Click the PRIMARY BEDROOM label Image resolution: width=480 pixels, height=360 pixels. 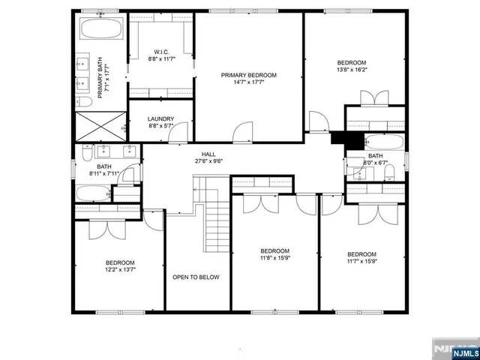(x=248, y=75)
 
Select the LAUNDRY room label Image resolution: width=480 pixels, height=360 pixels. (x=160, y=118)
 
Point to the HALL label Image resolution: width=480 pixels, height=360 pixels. (x=209, y=154)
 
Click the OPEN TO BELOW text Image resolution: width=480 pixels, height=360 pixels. (x=196, y=277)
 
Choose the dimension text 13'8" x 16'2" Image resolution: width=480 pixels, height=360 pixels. (x=351, y=70)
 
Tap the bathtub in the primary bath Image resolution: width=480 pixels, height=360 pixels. (x=100, y=30)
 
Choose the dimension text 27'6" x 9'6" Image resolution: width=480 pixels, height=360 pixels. (x=209, y=161)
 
